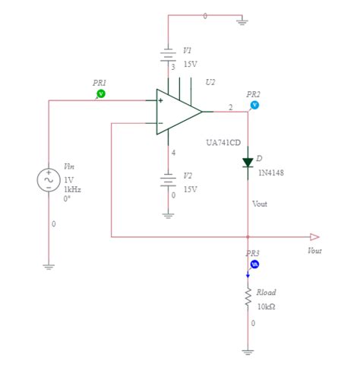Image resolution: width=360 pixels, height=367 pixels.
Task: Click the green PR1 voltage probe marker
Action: click(x=102, y=93)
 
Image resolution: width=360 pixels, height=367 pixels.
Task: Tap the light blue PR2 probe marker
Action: click(x=254, y=105)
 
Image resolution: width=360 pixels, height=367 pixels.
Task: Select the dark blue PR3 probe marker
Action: click(x=254, y=264)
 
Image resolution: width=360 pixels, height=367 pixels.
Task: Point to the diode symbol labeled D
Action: click(x=248, y=162)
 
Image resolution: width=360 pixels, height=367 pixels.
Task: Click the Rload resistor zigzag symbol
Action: click(x=248, y=299)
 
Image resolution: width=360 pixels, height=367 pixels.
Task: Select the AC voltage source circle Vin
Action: click(x=48, y=179)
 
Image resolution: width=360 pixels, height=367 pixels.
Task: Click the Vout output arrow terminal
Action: click(x=314, y=237)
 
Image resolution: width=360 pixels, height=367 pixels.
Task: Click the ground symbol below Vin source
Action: click(x=48, y=266)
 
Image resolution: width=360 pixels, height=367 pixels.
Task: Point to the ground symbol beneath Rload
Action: click(x=248, y=351)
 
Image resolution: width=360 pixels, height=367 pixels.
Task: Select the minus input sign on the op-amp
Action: click(x=161, y=123)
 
